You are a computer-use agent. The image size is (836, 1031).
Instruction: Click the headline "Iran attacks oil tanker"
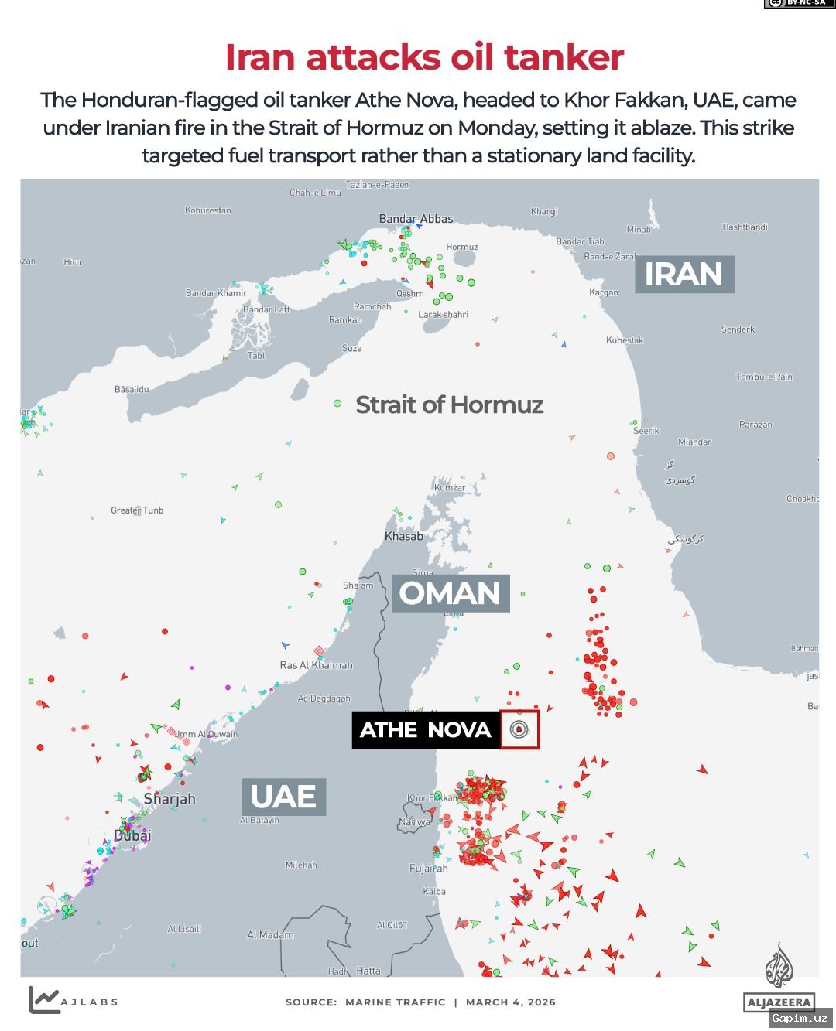(x=424, y=58)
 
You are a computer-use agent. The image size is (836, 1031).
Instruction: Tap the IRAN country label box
(x=684, y=275)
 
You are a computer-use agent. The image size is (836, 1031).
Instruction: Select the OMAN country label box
(x=450, y=593)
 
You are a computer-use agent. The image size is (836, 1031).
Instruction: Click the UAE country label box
(x=283, y=797)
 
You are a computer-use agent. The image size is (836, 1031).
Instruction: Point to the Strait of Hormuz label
(x=449, y=405)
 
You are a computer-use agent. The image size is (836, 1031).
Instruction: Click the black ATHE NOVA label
(x=425, y=730)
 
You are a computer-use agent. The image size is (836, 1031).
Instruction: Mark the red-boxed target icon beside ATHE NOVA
(x=519, y=729)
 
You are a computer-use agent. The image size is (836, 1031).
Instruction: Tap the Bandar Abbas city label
(x=416, y=219)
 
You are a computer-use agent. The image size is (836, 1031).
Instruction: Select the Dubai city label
(x=132, y=835)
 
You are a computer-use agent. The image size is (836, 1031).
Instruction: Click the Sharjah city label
(x=170, y=799)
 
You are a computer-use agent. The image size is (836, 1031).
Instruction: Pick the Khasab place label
(x=404, y=536)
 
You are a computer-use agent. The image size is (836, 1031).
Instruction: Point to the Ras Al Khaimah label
(x=316, y=665)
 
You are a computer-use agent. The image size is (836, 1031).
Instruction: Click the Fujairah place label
(x=428, y=869)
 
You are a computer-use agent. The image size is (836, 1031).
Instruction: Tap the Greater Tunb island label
(x=137, y=510)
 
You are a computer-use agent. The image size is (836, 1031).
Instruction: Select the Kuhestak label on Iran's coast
(x=624, y=340)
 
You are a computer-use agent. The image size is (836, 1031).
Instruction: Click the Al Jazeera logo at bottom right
(x=779, y=978)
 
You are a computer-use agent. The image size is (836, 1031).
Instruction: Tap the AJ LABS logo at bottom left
(x=73, y=1001)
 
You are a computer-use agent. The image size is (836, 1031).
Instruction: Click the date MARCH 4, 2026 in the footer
(x=511, y=1002)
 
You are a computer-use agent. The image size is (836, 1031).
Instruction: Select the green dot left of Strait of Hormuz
(x=337, y=404)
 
